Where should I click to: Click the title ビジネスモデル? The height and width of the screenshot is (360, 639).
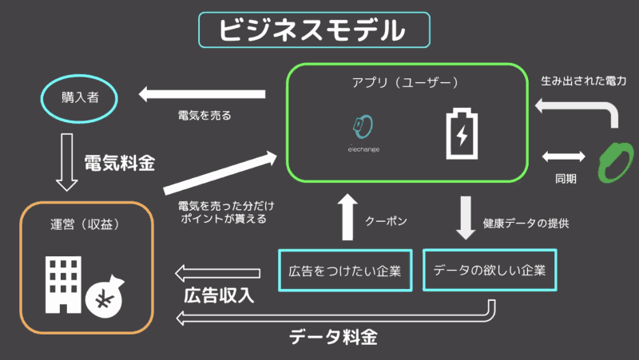point(313,30)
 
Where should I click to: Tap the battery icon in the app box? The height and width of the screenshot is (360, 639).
point(462,133)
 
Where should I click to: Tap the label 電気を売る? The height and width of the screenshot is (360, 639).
point(204,116)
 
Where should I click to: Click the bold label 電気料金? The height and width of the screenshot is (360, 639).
point(119,163)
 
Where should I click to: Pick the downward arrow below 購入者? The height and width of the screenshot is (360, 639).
point(67,162)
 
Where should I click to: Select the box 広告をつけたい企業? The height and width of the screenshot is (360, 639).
point(344,271)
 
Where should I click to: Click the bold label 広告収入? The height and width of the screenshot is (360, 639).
point(218,295)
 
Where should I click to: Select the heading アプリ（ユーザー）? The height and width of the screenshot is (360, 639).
point(405,82)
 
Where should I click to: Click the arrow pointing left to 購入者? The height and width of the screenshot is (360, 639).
point(202,95)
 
